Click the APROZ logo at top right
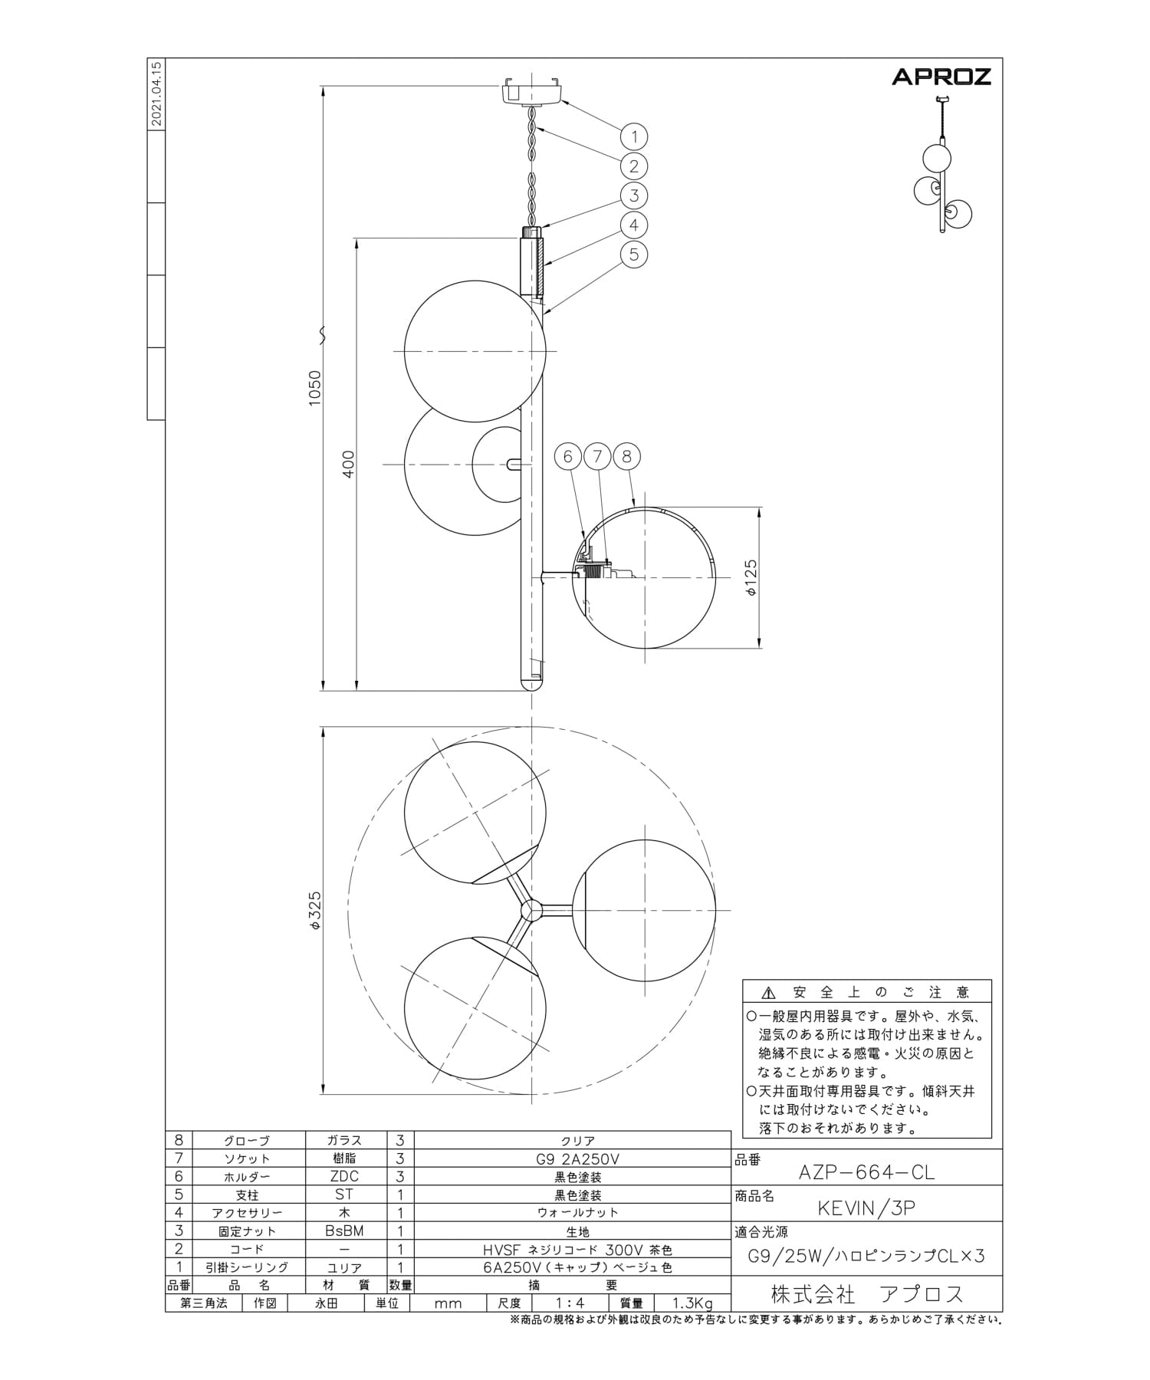(941, 76)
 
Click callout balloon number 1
(634, 137)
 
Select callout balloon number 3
(634, 195)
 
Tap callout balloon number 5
(634, 254)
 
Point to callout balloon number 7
(597, 457)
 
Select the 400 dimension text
(349, 465)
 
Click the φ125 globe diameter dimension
(751, 577)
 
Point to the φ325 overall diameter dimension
(315, 911)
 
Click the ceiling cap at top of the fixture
(532, 90)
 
